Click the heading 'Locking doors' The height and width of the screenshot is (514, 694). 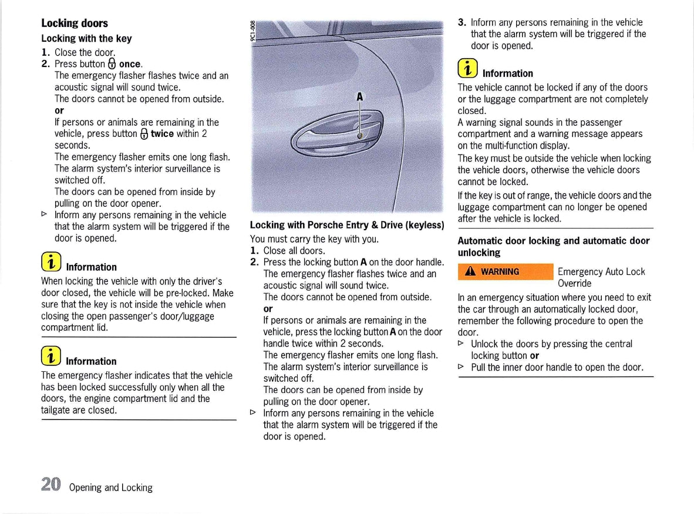tap(75, 23)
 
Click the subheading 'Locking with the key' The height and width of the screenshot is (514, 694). tap(86, 38)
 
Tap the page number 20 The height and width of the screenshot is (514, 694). tap(50, 485)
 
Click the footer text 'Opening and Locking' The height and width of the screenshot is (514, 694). tap(110, 488)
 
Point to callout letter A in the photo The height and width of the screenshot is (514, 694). tap(359, 97)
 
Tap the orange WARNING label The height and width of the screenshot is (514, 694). tap(506, 271)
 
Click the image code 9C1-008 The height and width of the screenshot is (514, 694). tap(253, 31)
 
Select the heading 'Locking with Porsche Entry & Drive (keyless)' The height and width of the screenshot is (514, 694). tap(346, 225)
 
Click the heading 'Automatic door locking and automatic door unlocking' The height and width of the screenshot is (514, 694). tap(553, 247)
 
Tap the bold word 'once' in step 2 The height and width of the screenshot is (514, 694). tap(130, 63)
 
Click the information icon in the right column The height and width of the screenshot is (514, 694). tap(467, 69)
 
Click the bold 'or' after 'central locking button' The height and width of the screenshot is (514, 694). tap(534, 355)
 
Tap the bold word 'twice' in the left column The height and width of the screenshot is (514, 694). tap(162, 133)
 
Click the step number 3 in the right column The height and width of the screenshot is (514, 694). tap(461, 22)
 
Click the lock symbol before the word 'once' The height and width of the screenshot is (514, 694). tap(112, 63)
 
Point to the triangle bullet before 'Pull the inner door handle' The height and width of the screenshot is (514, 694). tap(461, 367)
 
